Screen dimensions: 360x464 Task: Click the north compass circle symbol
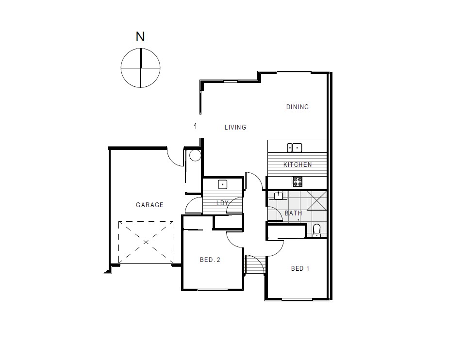[x=140, y=68]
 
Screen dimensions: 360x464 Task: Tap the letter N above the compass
[x=140, y=37]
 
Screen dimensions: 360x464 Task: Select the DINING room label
[x=297, y=107]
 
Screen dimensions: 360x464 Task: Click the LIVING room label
[x=235, y=127]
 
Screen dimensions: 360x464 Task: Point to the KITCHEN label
[x=298, y=165]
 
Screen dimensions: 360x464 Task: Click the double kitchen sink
[x=295, y=147]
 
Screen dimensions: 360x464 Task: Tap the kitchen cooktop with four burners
[x=297, y=182]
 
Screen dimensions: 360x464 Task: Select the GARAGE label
[x=149, y=205]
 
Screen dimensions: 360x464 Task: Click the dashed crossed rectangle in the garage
[x=146, y=242]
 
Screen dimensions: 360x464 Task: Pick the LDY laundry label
[x=222, y=203]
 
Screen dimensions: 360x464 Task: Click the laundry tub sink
[x=222, y=184]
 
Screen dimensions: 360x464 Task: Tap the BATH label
[x=293, y=213]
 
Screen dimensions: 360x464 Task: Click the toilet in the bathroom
[x=317, y=229]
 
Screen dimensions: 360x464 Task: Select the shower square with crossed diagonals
[x=316, y=200]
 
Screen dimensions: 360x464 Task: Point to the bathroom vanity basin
[x=278, y=196]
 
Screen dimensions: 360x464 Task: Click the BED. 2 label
[x=210, y=260]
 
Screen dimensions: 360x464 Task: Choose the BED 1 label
[x=300, y=269]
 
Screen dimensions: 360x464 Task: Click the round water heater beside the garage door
[x=195, y=155]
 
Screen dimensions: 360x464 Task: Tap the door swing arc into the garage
[x=174, y=158]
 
